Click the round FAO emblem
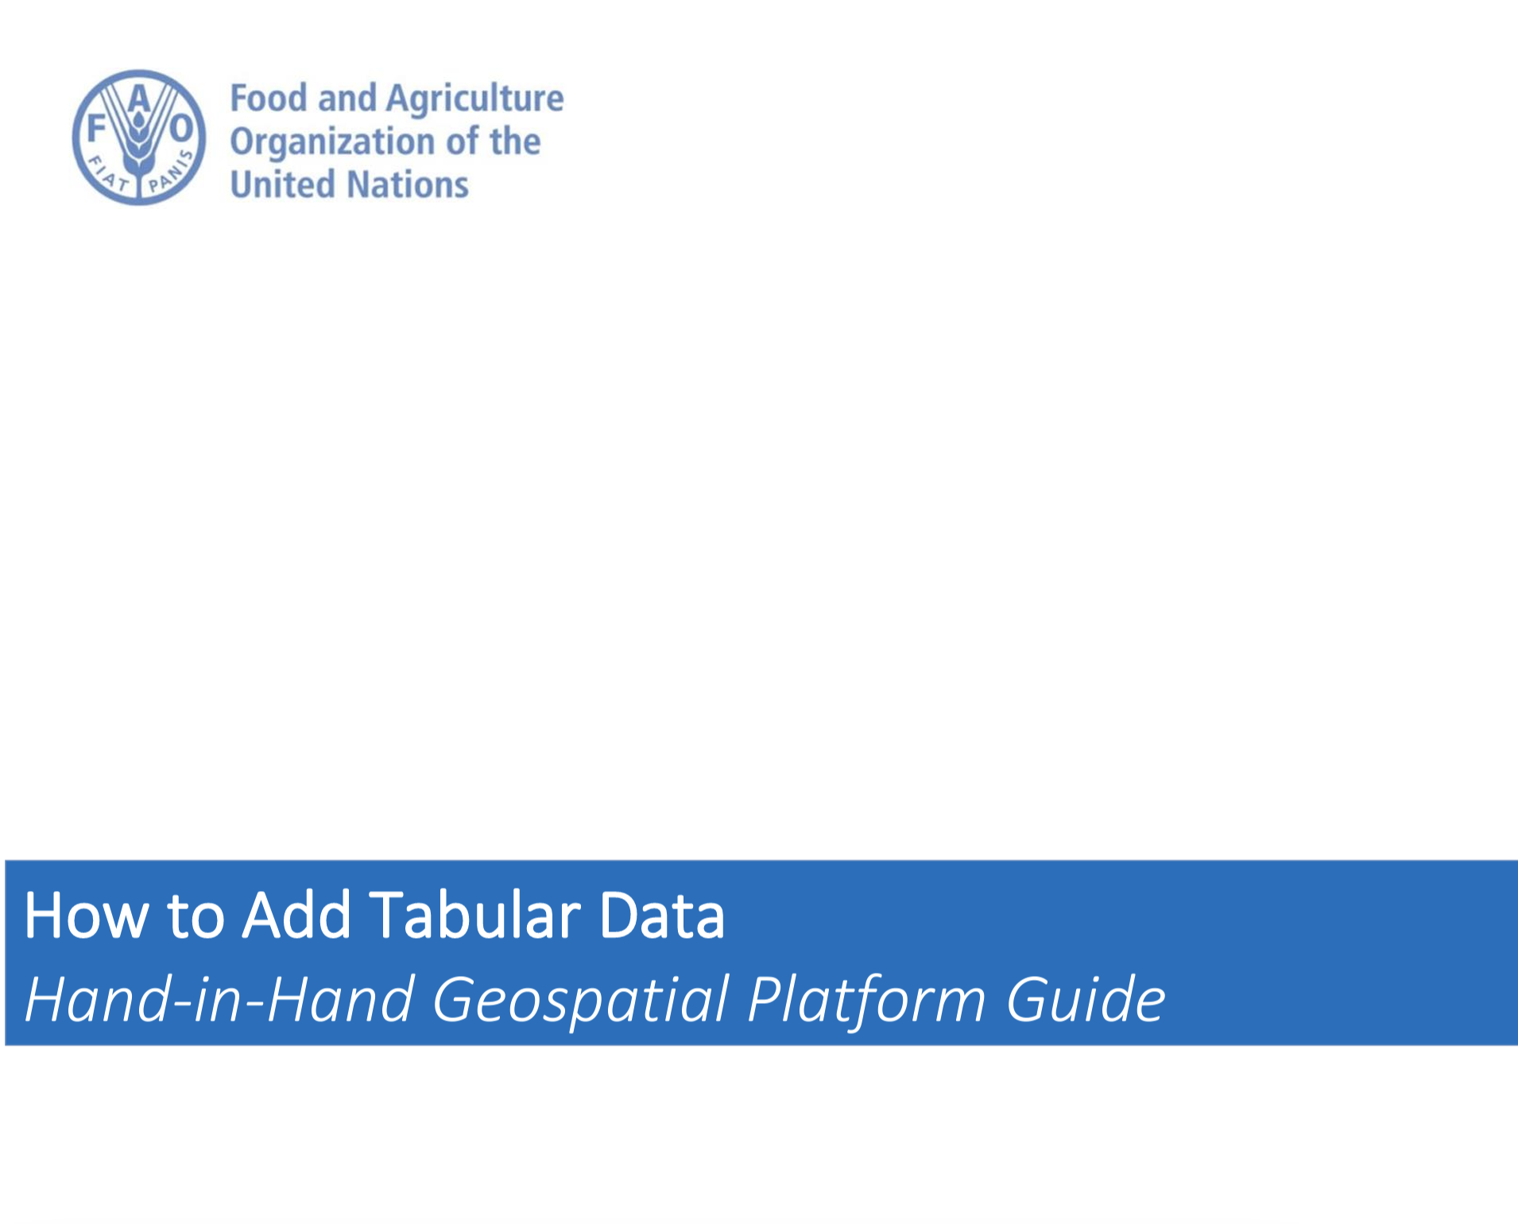click(x=139, y=137)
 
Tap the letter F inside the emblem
click(x=96, y=127)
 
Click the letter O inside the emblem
click(x=182, y=127)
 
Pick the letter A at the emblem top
click(x=139, y=99)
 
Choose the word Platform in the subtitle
click(x=867, y=1001)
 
